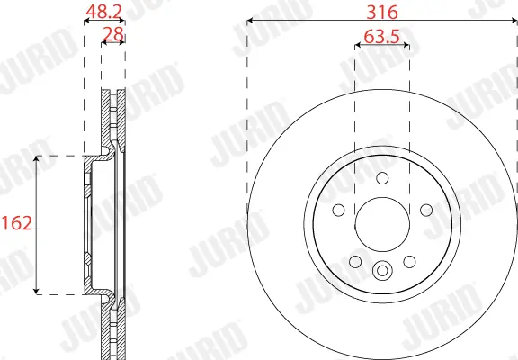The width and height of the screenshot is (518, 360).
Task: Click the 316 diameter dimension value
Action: click(x=382, y=13)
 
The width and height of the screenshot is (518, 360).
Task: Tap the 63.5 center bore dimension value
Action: click(x=381, y=37)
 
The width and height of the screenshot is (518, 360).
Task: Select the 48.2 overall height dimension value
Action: click(x=104, y=12)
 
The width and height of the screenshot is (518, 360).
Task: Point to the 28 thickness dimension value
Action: click(x=113, y=34)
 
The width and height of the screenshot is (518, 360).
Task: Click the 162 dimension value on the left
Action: click(x=17, y=223)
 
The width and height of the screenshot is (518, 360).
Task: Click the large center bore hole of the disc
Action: click(x=382, y=224)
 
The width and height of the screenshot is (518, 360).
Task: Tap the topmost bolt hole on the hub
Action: click(x=382, y=178)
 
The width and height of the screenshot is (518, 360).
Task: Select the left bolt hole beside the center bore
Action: click(x=338, y=210)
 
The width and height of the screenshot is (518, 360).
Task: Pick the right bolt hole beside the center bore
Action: click(x=426, y=210)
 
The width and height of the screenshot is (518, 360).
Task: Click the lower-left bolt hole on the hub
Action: click(x=355, y=262)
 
